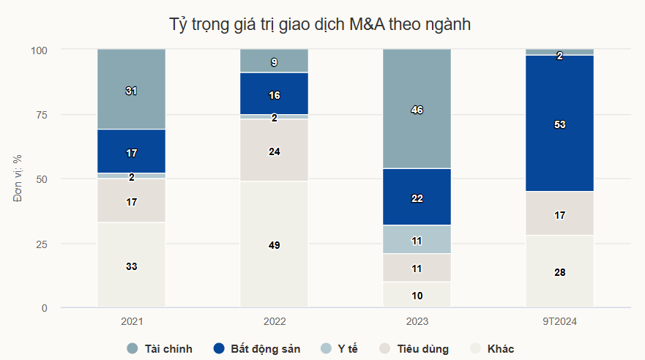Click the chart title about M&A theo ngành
(319, 24)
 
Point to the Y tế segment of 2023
(417, 240)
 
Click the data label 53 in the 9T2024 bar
(559, 125)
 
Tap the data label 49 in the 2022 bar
(275, 245)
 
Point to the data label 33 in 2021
(132, 266)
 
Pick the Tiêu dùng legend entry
(415, 349)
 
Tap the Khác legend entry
(493, 349)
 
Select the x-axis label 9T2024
(559, 322)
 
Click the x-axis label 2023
(417, 322)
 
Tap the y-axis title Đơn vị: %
(18, 179)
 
